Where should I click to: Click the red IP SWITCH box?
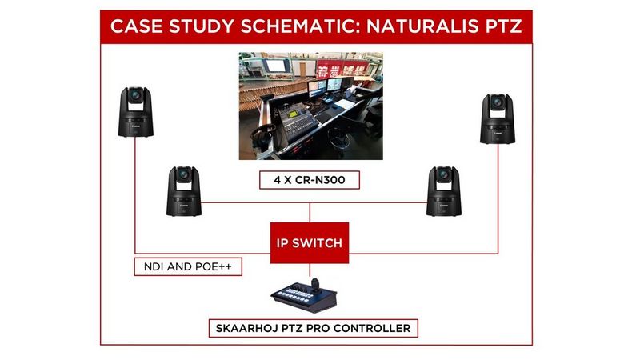coord(310,242)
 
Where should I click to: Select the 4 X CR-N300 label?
coord(310,179)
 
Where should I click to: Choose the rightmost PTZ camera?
coord(497,118)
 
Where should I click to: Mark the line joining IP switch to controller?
coord(310,269)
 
